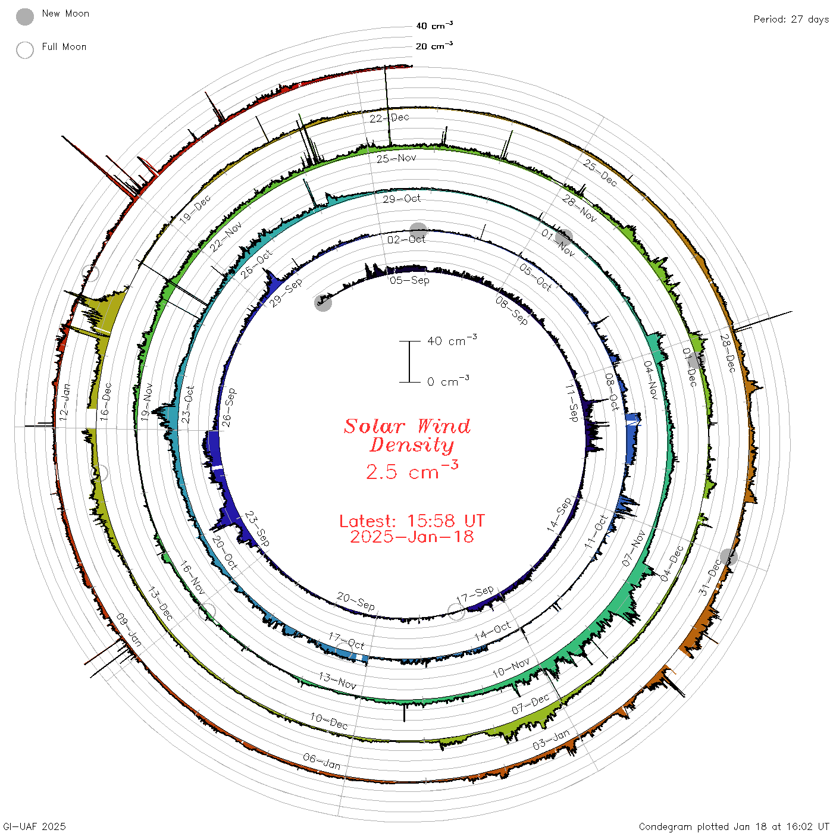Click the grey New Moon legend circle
[x=25, y=17]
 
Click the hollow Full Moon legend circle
[x=25, y=50]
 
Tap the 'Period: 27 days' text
[x=791, y=20]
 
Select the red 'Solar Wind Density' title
[x=407, y=436]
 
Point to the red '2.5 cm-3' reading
[x=412, y=471]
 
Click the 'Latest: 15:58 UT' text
[x=412, y=521]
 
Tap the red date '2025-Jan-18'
[x=412, y=537]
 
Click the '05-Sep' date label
[x=409, y=281]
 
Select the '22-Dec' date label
[x=390, y=118]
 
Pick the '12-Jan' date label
[x=64, y=402]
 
